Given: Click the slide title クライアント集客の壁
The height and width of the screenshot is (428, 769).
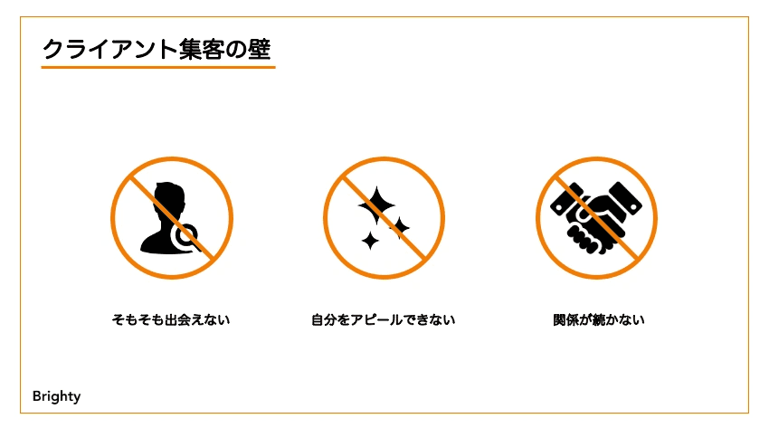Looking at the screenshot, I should pyautogui.click(x=157, y=49).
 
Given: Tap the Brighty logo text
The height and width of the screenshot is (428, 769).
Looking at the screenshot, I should pyautogui.click(x=56, y=396).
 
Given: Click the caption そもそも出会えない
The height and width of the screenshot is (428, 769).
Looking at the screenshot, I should pyautogui.click(x=171, y=319).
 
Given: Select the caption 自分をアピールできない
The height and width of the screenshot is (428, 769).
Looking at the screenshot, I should pyautogui.click(x=384, y=319).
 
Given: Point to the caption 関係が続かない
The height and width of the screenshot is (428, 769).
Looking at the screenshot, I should pyautogui.click(x=598, y=319).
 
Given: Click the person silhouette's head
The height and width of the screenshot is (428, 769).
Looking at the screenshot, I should pyautogui.click(x=170, y=198).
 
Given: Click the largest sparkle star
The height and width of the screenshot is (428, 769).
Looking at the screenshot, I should pyautogui.click(x=377, y=205).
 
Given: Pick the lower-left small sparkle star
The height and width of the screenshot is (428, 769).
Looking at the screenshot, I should pyautogui.click(x=370, y=240).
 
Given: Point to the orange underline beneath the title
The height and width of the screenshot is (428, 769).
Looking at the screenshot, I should pyautogui.click(x=157, y=67).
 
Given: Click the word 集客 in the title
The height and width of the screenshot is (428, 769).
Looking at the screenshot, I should pyautogui.click(x=210, y=49).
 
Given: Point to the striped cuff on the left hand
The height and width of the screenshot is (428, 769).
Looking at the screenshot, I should pyautogui.click(x=565, y=196).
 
